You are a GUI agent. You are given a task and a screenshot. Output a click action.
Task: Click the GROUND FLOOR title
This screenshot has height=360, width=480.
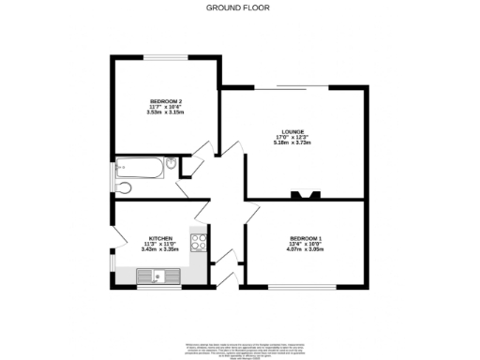pyautogui.click(x=239, y=7)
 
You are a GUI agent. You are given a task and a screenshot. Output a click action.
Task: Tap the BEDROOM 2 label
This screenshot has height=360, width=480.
pyautogui.click(x=165, y=100)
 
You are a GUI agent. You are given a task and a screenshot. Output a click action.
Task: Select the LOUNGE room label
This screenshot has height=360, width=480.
pyautogui.click(x=292, y=131)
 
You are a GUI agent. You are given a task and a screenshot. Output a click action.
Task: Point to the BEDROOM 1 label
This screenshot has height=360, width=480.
pyautogui.click(x=306, y=238)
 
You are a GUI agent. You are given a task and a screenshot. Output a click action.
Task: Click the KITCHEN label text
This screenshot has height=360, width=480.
pyautogui.click(x=158, y=238)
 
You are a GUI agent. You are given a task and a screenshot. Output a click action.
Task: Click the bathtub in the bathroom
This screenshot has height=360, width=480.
pyautogui.click(x=138, y=169)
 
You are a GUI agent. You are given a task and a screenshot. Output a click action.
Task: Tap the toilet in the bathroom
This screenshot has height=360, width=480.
pyautogui.click(x=171, y=166)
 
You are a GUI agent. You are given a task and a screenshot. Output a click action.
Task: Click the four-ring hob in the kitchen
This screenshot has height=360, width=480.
pyautogui.click(x=199, y=244)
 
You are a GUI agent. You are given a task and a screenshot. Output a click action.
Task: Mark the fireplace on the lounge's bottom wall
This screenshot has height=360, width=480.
pyautogui.click(x=306, y=195)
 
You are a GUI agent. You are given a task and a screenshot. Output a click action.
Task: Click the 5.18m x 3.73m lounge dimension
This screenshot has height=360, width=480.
pyautogui.click(x=292, y=142)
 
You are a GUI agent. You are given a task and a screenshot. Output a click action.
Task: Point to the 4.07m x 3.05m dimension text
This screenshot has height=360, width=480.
pyautogui.click(x=306, y=249)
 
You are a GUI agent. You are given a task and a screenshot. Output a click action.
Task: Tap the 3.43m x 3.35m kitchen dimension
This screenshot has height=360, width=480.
pyautogui.click(x=158, y=249)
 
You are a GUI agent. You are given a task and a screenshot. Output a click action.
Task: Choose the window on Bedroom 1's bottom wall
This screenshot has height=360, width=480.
pyautogui.click(x=302, y=286)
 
